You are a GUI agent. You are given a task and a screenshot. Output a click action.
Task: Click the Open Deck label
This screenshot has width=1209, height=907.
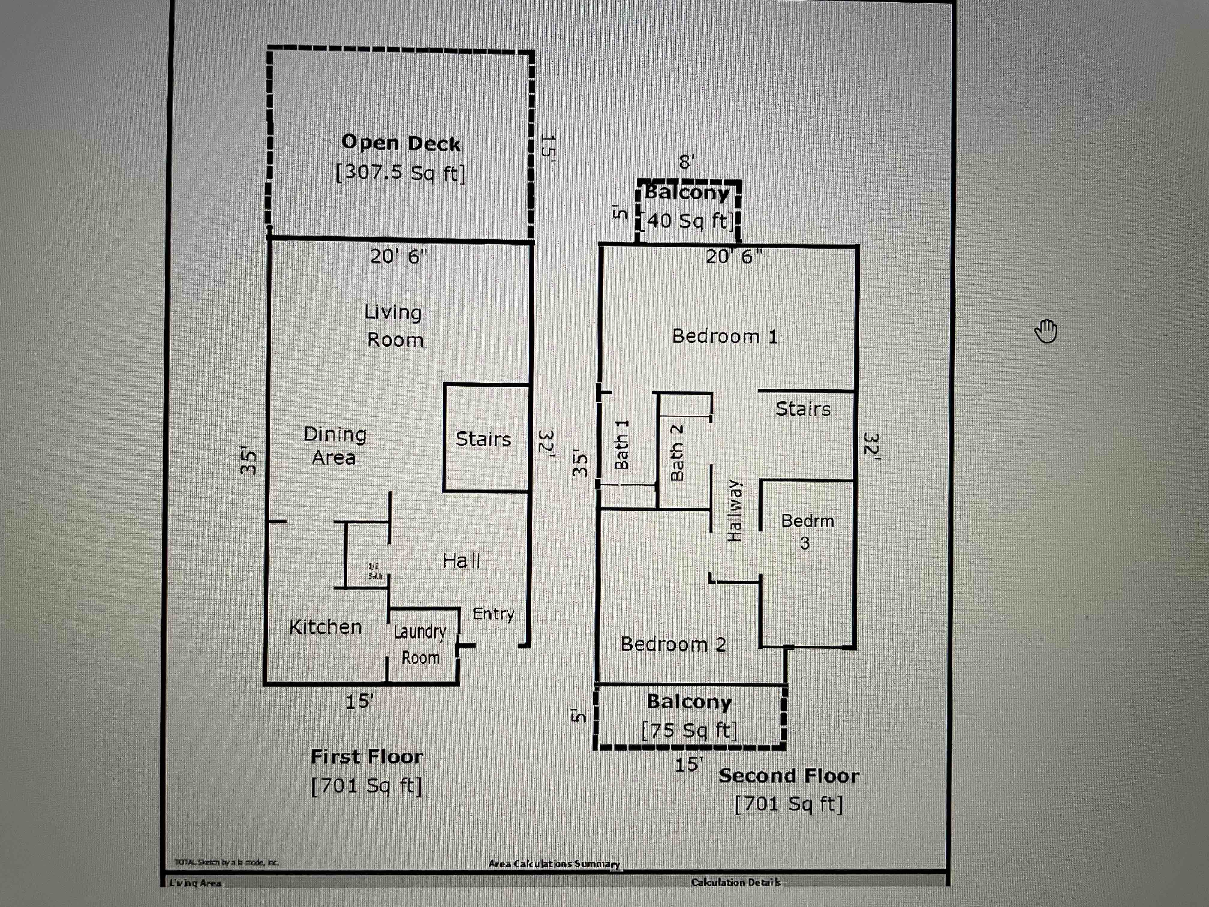point(401,143)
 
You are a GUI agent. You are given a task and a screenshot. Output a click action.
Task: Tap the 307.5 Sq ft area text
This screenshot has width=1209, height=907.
point(401,173)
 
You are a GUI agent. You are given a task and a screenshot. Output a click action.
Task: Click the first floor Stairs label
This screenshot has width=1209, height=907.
point(483,439)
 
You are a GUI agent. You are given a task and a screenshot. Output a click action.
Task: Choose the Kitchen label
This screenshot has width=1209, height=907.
point(325,627)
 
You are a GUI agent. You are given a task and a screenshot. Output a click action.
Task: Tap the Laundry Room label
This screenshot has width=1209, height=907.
point(420,644)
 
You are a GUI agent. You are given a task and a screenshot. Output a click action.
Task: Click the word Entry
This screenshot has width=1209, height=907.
point(493,614)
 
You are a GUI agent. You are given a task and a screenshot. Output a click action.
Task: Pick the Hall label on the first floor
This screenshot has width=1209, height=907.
point(461,560)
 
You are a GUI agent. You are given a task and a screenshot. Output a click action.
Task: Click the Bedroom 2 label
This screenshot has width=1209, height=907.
point(673,644)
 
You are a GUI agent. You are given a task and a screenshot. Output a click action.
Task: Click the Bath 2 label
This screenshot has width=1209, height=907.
point(677,453)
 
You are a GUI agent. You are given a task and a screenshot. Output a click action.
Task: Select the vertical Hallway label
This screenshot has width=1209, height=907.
point(735,510)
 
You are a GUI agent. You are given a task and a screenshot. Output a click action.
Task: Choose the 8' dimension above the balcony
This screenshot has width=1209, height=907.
point(686,162)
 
